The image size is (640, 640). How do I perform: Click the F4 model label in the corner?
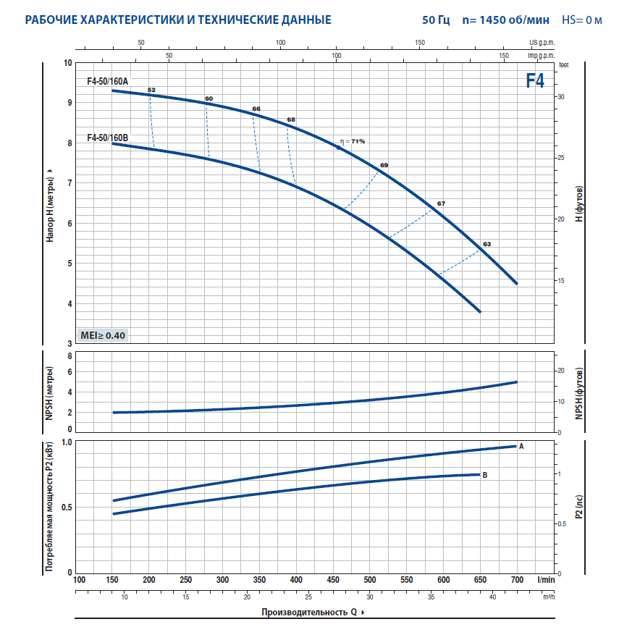[535, 81]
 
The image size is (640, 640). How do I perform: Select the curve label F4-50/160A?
[107, 81]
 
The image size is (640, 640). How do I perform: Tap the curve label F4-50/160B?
[107, 138]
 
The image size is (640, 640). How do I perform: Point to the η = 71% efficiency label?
[353, 141]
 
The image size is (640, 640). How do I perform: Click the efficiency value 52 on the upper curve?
[151, 90]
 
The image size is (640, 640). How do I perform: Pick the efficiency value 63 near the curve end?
[487, 245]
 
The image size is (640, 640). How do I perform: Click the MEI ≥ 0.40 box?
[103, 335]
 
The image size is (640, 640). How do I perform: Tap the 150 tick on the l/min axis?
[112, 580]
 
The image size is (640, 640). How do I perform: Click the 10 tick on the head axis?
[68, 64]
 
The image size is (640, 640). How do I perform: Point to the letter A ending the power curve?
[521, 446]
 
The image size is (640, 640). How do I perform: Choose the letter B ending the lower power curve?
[484, 475]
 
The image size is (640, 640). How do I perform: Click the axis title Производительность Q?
[309, 612]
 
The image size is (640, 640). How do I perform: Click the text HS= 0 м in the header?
[582, 20]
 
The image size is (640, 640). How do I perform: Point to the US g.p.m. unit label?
[542, 43]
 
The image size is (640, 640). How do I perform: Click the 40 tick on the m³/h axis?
[492, 597]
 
